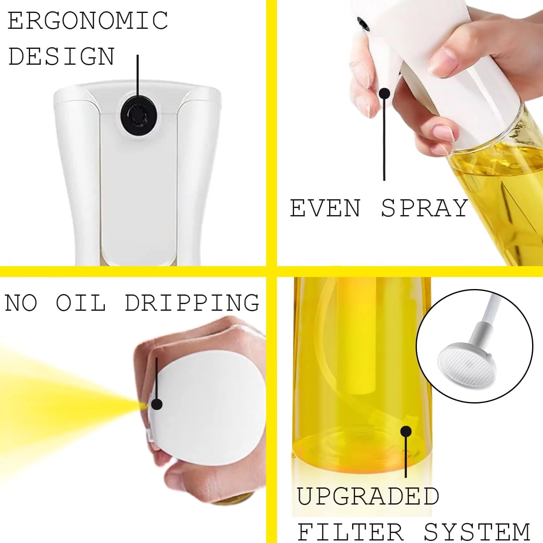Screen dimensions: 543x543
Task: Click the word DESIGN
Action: coord(61,56)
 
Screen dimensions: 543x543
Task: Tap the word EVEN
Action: coord(325,208)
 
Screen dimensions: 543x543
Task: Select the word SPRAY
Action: coord(425,208)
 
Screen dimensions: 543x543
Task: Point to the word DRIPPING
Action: coord(192,303)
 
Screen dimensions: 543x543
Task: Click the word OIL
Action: coord(81,303)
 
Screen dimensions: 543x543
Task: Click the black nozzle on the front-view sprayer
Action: coord(138,116)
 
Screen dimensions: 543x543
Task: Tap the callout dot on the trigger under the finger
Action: coord(384,93)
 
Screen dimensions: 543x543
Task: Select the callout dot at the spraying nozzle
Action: coord(157,404)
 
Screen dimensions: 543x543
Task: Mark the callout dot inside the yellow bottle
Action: coord(406,431)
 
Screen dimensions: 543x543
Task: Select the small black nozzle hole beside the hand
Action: coord(363,23)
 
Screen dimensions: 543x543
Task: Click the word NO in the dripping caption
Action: coord(21,303)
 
